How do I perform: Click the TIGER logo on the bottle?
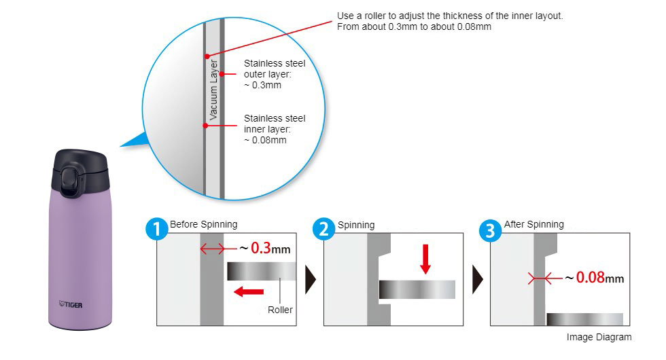point(71,304)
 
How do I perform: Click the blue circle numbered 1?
point(157,230)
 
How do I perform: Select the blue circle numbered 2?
point(323,230)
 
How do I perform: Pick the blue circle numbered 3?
point(490,230)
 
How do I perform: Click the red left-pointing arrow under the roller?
point(249,291)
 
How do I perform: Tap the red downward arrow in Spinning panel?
point(425,259)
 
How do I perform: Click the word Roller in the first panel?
point(280,310)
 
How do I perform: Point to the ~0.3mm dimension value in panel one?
point(265,249)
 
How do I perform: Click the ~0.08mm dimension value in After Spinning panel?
point(594,278)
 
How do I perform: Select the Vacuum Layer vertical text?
point(213,90)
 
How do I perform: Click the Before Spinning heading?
point(203,224)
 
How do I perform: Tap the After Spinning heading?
point(534,224)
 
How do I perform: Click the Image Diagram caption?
point(599,337)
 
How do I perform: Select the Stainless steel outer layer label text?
point(275,74)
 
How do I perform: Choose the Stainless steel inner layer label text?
point(275,129)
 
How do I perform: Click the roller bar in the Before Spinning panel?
point(262,271)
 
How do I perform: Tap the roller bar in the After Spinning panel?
point(585,319)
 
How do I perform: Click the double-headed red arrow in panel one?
point(212,249)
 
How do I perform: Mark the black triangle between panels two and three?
point(478,279)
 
